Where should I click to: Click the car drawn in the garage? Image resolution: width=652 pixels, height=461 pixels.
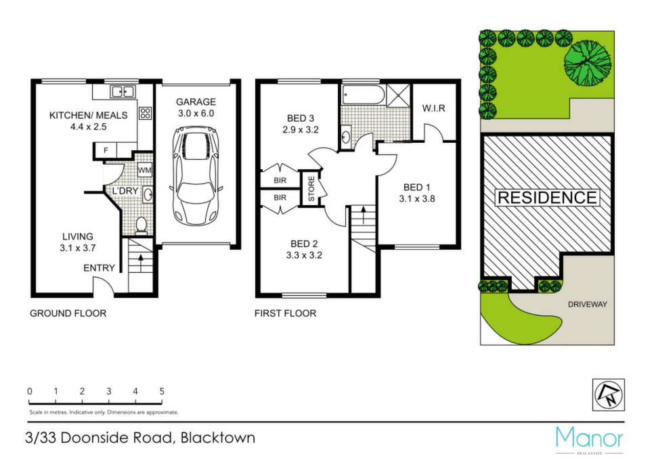(195, 176)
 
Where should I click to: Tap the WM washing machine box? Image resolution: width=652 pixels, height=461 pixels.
(144, 170)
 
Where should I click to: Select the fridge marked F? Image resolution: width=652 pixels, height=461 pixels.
(106, 150)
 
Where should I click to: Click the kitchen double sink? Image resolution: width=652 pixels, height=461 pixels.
(123, 91)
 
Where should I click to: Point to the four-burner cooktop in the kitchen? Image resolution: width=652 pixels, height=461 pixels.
(145, 113)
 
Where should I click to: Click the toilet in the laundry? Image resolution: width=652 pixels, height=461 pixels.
(142, 225)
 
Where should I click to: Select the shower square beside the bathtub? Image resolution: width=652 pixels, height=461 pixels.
(398, 95)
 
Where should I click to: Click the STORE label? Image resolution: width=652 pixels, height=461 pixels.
(311, 189)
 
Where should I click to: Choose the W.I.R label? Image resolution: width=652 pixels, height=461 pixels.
(434, 108)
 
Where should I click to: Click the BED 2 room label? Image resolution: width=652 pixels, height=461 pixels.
(304, 244)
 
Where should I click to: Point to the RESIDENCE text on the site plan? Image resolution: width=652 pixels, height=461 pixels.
(547, 197)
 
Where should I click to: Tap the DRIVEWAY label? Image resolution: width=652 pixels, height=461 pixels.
(588, 304)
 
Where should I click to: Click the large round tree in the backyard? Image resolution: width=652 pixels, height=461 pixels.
(588, 63)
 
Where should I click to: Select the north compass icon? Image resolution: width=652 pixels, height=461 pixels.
(608, 395)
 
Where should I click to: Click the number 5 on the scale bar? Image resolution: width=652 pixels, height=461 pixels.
(162, 391)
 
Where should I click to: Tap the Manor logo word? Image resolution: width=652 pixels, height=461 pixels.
(590, 438)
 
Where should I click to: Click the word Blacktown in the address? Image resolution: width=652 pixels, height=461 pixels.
(217, 438)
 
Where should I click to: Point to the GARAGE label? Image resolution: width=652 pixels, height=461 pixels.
(196, 102)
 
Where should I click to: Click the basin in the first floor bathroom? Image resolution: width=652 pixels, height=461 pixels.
(345, 136)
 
